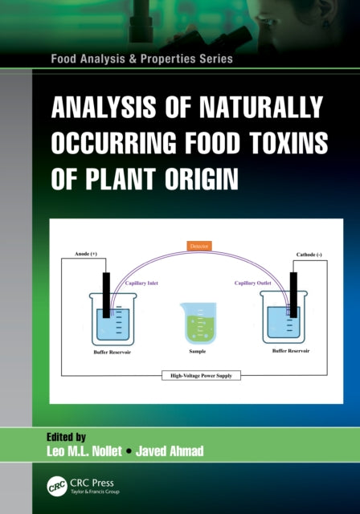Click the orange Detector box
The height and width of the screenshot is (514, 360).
pyautogui.click(x=198, y=244)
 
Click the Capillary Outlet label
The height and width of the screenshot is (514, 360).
pyautogui.click(x=252, y=283)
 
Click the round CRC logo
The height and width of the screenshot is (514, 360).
pyautogui.click(x=55, y=485)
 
